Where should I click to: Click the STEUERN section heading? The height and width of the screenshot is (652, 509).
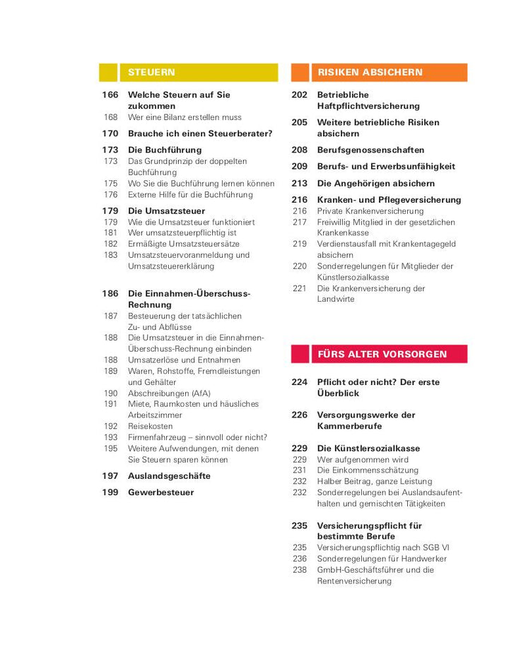(x=151, y=73)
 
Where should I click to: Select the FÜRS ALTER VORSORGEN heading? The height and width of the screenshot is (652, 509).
(x=382, y=354)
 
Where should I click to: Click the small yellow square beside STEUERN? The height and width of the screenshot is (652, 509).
(x=108, y=73)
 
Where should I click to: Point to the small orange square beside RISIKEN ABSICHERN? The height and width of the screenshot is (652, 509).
(x=300, y=73)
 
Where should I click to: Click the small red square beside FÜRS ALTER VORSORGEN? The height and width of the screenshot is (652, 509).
(x=300, y=354)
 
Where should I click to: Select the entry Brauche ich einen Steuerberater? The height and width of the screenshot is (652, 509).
(x=199, y=134)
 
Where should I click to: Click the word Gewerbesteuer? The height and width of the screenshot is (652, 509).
(x=160, y=492)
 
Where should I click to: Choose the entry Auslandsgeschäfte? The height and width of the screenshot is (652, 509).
(x=169, y=476)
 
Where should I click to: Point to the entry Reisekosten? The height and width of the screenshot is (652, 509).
(x=150, y=426)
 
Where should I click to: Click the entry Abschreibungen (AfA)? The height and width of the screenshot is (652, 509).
(x=169, y=393)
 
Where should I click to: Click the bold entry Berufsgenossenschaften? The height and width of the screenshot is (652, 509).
(x=370, y=150)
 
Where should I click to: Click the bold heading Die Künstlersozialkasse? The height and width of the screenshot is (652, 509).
(x=368, y=448)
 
